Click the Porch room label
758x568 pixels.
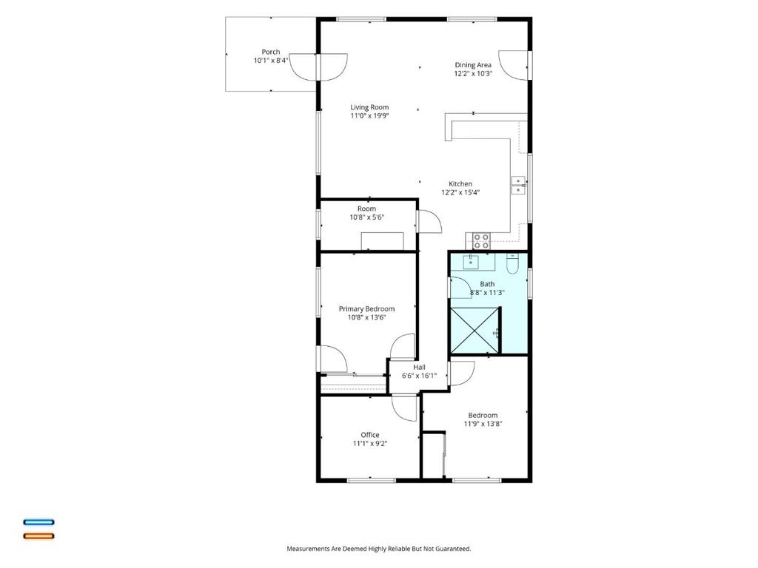pyautogui.click(x=271, y=53)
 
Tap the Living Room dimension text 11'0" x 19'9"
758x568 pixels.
pyautogui.click(x=370, y=116)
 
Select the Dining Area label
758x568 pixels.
pyautogui.click(x=473, y=65)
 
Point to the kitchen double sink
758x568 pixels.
pyautogui.click(x=518, y=186)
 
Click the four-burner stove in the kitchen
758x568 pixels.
pyautogui.click(x=481, y=241)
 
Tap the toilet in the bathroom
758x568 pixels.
pyautogui.click(x=512, y=264)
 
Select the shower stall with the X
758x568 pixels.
pyautogui.click(x=474, y=331)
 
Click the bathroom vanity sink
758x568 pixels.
pyautogui.click(x=471, y=263)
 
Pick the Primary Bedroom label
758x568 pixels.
pyautogui.click(x=366, y=309)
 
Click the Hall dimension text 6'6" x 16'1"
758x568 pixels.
pyautogui.click(x=419, y=376)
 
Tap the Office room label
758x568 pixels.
pyautogui.click(x=370, y=435)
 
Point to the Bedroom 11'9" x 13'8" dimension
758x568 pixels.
pyautogui.click(x=483, y=424)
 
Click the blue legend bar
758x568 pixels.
pyautogui.click(x=39, y=522)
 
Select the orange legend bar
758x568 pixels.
pyautogui.click(x=39, y=535)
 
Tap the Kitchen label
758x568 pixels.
pyautogui.click(x=460, y=184)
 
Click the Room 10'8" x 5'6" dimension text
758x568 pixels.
pyautogui.click(x=367, y=217)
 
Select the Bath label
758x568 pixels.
pyautogui.click(x=487, y=284)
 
